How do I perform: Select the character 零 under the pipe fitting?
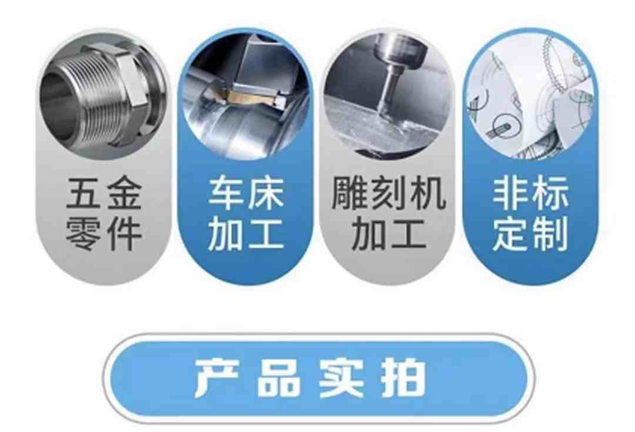(x=84, y=235)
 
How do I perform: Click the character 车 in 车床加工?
(x=226, y=193)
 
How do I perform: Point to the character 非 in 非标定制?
(x=510, y=193)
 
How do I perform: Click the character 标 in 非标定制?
(x=550, y=193)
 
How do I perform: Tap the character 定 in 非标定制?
(x=510, y=235)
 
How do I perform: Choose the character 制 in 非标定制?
(x=550, y=235)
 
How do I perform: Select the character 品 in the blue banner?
(x=280, y=378)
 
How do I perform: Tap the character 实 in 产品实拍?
(x=342, y=378)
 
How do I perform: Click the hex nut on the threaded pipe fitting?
(x=129, y=90)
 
